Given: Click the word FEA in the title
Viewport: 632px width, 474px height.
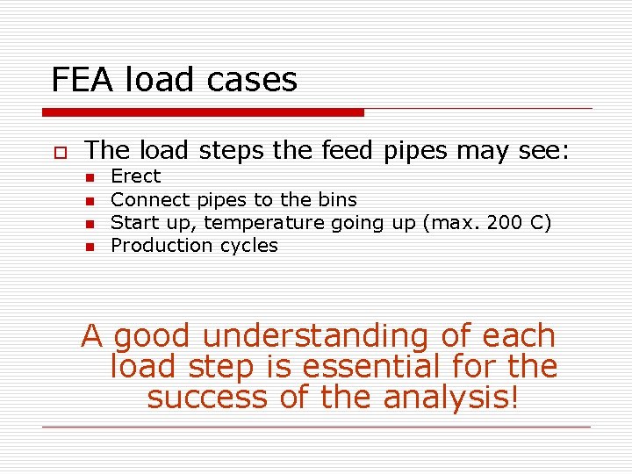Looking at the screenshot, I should [x=80, y=80].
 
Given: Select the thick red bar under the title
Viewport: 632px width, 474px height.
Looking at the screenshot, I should [x=203, y=112].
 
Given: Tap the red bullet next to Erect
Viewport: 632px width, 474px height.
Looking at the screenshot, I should [x=90, y=178].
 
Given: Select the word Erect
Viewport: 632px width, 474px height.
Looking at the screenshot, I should [x=135, y=176].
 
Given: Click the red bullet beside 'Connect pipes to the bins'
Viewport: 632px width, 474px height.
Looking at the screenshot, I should [x=90, y=201].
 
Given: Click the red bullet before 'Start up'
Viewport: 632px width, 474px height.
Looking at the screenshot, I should [x=90, y=224].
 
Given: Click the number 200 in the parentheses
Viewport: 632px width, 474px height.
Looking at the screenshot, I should [x=504, y=222].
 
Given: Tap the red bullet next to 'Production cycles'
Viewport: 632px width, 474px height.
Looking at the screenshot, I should [x=90, y=247].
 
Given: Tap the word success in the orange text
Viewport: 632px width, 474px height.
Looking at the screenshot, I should [x=207, y=397].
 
